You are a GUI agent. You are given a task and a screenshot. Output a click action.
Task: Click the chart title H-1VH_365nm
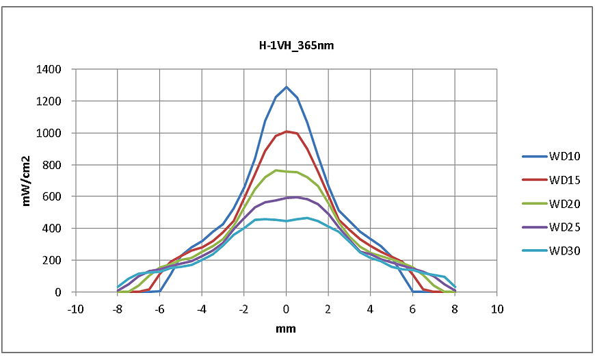[287, 45]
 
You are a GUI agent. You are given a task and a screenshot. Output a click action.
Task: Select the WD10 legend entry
[564, 157]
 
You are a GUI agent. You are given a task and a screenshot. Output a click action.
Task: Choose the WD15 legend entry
[564, 180]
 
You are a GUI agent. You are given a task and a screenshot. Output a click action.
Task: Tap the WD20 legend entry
[564, 203]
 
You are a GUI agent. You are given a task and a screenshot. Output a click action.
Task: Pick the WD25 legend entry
[564, 227]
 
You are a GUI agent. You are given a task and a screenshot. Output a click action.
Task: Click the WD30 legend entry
[564, 250]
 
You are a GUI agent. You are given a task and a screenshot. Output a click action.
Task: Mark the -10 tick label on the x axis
[75, 309]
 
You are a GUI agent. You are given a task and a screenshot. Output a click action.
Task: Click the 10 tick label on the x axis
[497, 309]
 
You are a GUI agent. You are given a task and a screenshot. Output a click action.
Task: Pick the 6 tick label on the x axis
[412, 309]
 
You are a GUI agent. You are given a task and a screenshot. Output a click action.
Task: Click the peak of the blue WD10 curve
[287, 87]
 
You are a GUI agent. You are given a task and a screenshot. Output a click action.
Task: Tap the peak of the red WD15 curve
[287, 131]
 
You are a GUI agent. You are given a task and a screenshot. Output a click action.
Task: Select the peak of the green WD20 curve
[276, 170]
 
